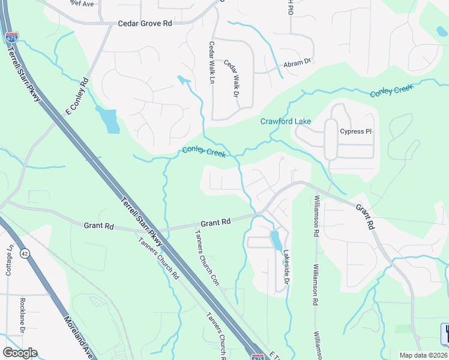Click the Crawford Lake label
coord(286,121)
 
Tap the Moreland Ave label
coord(76,331)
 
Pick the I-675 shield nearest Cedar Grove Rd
coord(11,38)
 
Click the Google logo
coord(20,353)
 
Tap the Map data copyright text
coord(423,355)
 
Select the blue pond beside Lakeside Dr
coord(276,241)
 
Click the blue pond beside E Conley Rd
coord(109,120)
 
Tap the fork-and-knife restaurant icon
coord(445,334)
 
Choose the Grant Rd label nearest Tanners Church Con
coord(215,223)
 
